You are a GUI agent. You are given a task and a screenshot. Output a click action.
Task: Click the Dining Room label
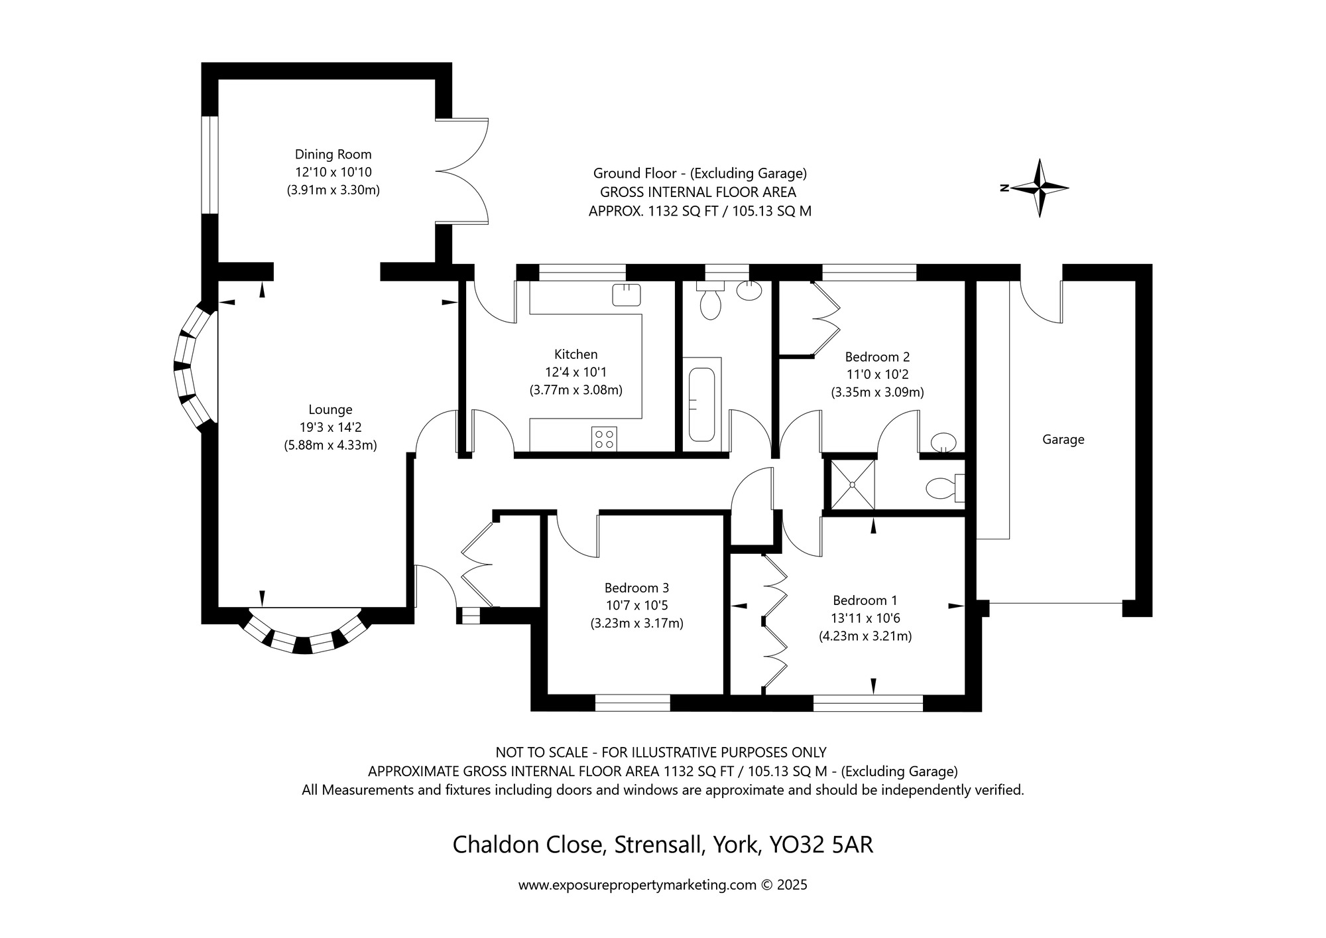click(333, 155)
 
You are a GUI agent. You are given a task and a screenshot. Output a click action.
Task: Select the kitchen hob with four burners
click(604, 439)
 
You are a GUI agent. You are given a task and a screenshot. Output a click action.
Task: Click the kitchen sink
click(626, 295)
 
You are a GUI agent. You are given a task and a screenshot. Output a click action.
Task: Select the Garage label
click(1063, 440)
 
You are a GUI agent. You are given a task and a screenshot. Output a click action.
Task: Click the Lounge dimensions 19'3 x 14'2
click(330, 428)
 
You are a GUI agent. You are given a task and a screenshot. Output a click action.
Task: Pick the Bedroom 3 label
click(636, 588)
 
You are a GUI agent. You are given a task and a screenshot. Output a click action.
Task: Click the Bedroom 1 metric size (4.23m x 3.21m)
click(865, 636)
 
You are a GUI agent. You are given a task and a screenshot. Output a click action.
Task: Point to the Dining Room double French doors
click(463, 171)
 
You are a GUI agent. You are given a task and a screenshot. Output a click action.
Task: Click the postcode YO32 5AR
click(821, 845)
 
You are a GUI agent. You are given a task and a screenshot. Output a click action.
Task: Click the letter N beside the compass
click(1004, 188)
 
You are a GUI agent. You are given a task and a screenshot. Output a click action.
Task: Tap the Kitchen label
click(575, 354)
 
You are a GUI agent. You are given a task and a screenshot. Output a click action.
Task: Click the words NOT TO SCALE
click(542, 752)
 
